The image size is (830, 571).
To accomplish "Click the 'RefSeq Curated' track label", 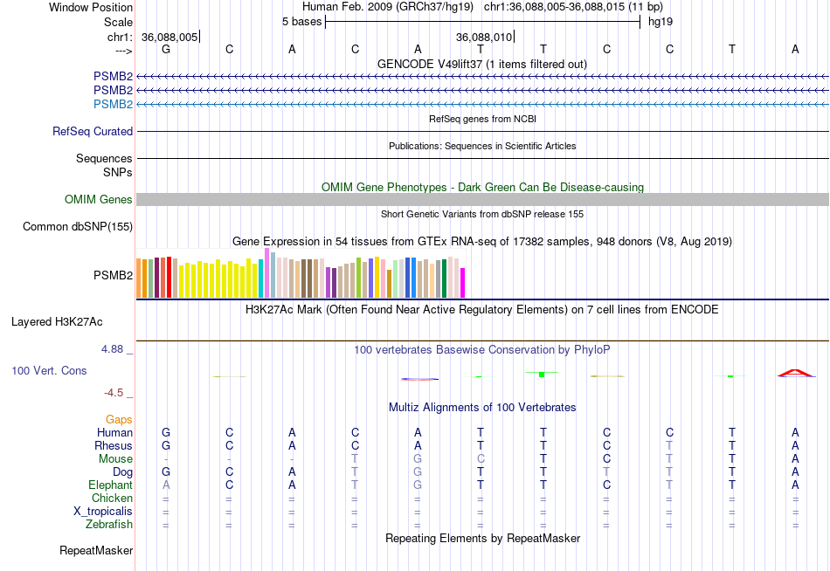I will (93, 132).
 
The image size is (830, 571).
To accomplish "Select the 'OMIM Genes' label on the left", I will (99, 200).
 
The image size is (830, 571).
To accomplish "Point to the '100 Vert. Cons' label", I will (49, 371).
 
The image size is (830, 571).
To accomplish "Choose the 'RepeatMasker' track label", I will (96, 551).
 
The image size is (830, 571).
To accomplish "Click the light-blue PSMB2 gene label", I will (114, 105).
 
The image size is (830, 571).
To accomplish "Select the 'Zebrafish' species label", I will (109, 525).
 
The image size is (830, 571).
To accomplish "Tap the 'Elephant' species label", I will (110, 485).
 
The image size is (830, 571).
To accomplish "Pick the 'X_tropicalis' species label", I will (103, 512).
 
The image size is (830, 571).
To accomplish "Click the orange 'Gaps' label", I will (119, 420).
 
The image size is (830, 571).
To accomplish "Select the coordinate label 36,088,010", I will (483, 37).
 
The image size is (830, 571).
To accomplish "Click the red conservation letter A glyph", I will (795, 374).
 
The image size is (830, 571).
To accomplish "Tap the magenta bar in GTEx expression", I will (463, 283).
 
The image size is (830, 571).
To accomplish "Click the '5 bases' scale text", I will (301, 22).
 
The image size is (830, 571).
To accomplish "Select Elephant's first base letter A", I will (166, 485).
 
